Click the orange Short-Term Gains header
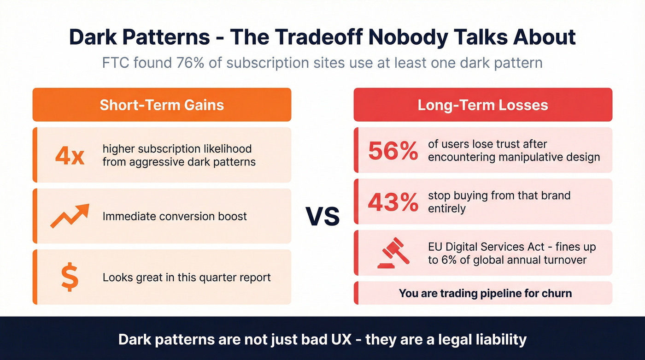pyautogui.click(x=162, y=105)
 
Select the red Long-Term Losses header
pyautogui.click(x=483, y=105)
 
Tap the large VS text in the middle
pyautogui.click(x=322, y=216)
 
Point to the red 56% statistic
pyautogui.click(x=393, y=151)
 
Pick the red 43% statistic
pyautogui.click(x=393, y=202)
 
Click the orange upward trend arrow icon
pyautogui.click(x=70, y=216)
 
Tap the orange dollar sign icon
pyautogui.click(x=70, y=277)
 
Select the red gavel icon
pyautogui.click(x=393, y=253)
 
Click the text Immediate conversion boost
pyautogui.click(x=175, y=216)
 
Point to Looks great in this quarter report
pyautogui.click(x=187, y=277)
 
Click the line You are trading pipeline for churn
pyautogui.click(x=485, y=293)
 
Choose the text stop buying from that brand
pyautogui.click(x=499, y=195)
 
